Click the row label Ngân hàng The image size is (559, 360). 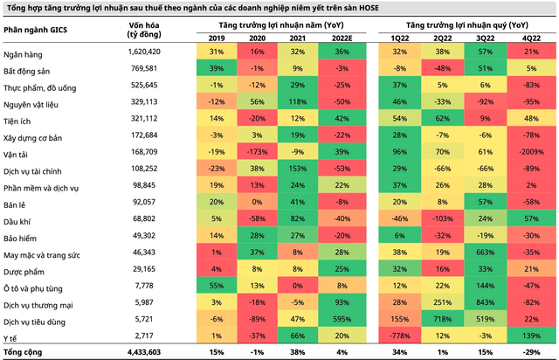pyautogui.click(x=23, y=54)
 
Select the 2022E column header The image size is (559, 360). pyautogui.click(x=342, y=38)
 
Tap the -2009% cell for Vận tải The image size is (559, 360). pyautogui.click(x=531, y=152)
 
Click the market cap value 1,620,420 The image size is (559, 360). pyautogui.click(x=144, y=52)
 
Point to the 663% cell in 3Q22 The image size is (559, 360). pyautogui.click(x=486, y=253)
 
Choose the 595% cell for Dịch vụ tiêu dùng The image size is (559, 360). pyautogui.click(x=342, y=319)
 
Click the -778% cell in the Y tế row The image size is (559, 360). pyautogui.click(x=400, y=336)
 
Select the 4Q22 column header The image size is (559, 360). pyautogui.click(x=531, y=38)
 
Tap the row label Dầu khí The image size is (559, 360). pyautogui.click(x=17, y=222)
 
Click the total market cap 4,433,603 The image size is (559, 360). pyautogui.click(x=144, y=352)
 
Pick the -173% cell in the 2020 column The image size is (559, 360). pyautogui.click(x=257, y=152)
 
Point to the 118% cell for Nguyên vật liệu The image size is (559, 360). pyautogui.click(x=297, y=101)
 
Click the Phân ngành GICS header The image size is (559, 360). pyautogui.click(x=35, y=30)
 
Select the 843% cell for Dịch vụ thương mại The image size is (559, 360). pyautogui.click(x=486, y=302)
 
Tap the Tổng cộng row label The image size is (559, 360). pyautogui.click(x=23, y=352)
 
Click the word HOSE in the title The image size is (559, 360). pyautogui.click(x=369, y=8)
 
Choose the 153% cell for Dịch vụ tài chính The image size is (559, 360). pyautogui.click(x=297, y=169)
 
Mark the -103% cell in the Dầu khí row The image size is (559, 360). pyautogui.click(x=443, y=218)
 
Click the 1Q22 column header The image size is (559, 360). pyautogui.click(x=400, y=38)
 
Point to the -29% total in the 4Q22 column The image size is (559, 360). pyautogui.click(x=531, y=352)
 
